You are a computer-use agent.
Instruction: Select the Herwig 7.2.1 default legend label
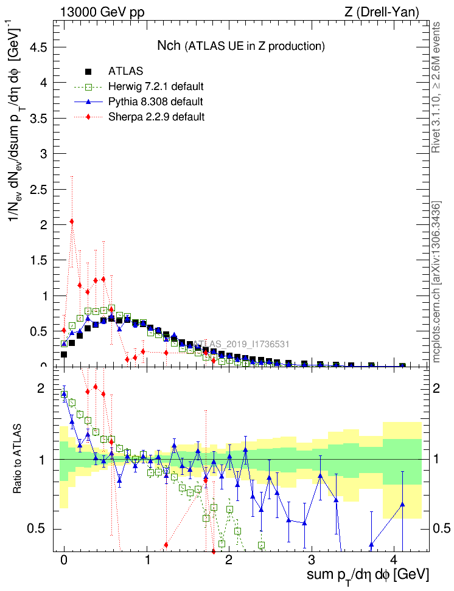156,86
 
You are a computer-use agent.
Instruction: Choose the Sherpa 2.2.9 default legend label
156,116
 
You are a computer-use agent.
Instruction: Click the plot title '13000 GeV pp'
102,12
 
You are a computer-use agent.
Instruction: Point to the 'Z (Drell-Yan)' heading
385,12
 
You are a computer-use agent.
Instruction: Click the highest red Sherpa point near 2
72,221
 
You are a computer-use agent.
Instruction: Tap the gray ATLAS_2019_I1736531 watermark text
242,344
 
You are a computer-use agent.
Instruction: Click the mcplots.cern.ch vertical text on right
436,282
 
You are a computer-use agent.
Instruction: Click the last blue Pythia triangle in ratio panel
402,504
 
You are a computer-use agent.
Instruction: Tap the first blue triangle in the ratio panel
64,394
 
